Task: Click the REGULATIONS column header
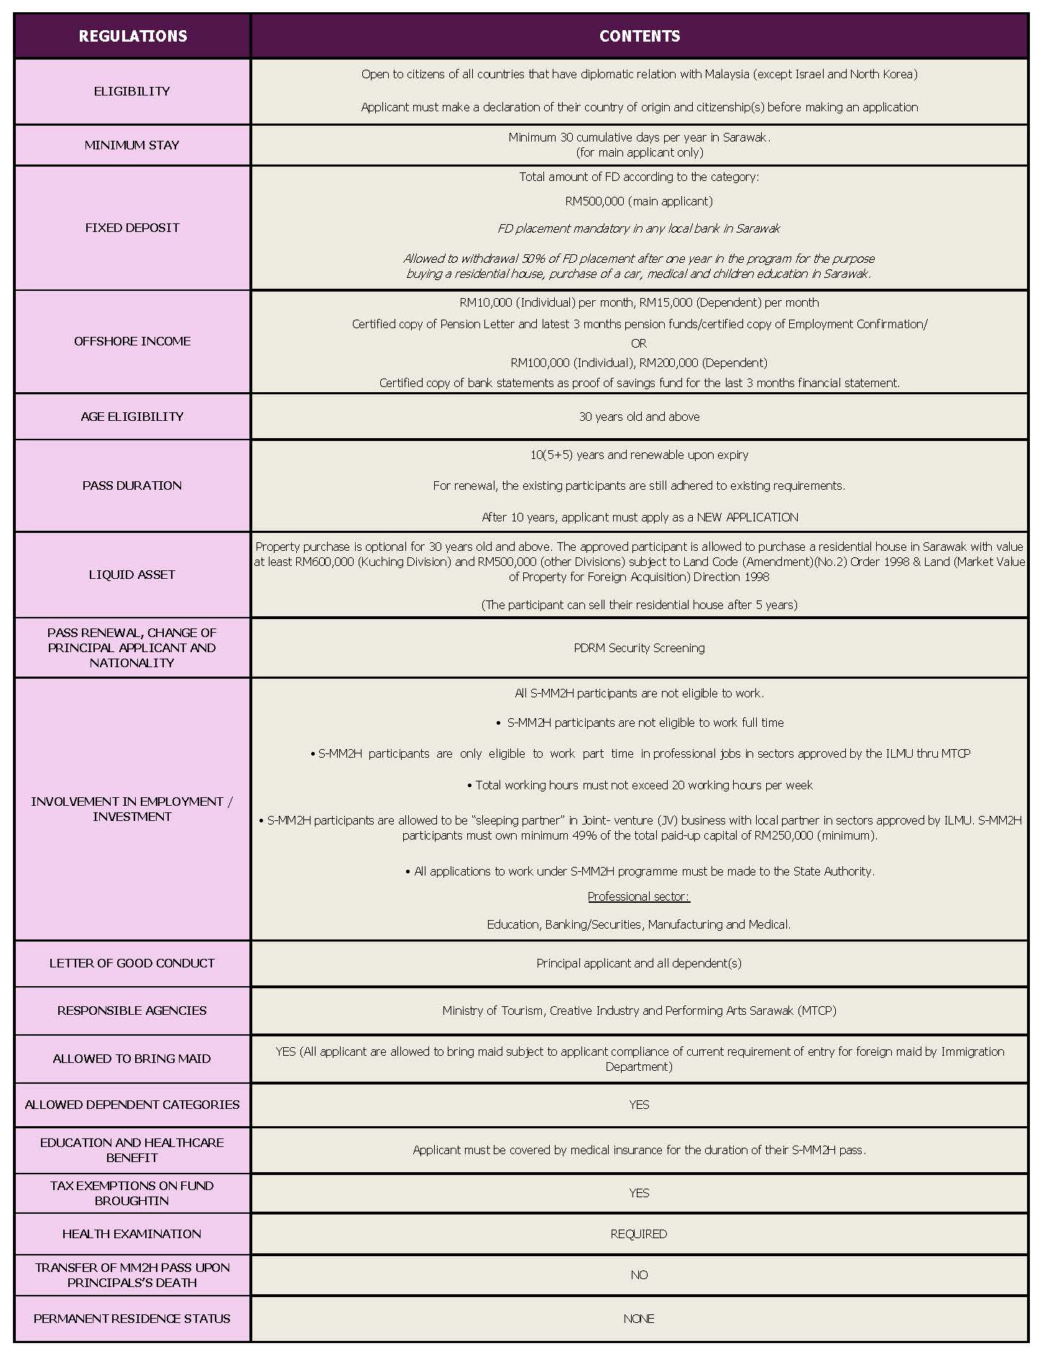(132, 36)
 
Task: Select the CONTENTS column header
(639, 36)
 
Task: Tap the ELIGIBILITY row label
(132, 91)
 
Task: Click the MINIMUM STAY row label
(132, 145)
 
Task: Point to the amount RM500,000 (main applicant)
(639, 201)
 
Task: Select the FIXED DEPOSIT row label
(132, 228)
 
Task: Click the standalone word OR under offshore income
(639, 343)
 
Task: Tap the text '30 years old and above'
(639, 417)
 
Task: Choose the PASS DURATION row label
(132, 486)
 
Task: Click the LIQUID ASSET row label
(132, 575)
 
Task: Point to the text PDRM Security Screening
(639, 648)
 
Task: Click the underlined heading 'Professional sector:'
(639, 896)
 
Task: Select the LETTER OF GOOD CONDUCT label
(132, 963)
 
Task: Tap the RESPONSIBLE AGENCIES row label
(132, 1011)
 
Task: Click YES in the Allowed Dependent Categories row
(639, 1105)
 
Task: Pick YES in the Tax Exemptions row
(639, 1193)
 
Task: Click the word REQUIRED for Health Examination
(639, 1234)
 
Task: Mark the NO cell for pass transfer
(639, 1275)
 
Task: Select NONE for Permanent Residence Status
(639, 1319)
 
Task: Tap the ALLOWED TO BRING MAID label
(132, 1059)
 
